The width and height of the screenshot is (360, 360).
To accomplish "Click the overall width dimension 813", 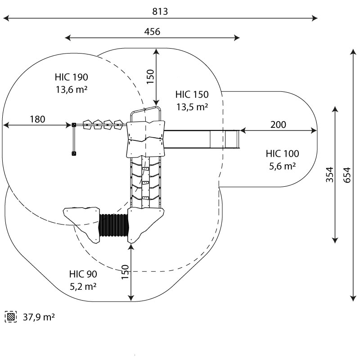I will [160, 12].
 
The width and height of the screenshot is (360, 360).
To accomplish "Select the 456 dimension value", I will [152, 31].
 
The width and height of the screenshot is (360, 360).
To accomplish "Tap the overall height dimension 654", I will [346, 173].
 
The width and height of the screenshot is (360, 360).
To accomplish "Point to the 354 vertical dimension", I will [329, 175].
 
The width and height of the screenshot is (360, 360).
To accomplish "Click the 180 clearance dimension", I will [37, 119].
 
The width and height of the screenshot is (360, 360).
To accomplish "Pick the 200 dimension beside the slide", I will [279, 125].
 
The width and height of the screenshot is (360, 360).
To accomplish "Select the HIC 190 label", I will [72, 77].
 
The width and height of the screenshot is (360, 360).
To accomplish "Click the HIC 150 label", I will [192, 94].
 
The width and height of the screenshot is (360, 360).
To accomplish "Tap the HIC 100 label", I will [282, 154].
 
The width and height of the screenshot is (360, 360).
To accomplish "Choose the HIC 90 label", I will [83, 274].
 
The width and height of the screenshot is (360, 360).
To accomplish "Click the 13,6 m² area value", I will [72, 89].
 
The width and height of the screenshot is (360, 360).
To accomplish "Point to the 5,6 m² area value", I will [282, 166].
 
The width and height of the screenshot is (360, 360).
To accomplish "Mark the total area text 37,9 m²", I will [39, 317].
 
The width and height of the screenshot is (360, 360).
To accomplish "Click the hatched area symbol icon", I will [10, 317].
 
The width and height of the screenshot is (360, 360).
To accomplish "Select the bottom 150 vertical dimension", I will [125, 272].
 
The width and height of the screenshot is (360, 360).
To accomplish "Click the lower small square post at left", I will [74, 154].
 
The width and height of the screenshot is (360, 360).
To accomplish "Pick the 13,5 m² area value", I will [192, 107].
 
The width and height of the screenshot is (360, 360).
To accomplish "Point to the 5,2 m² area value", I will [83, 286].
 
